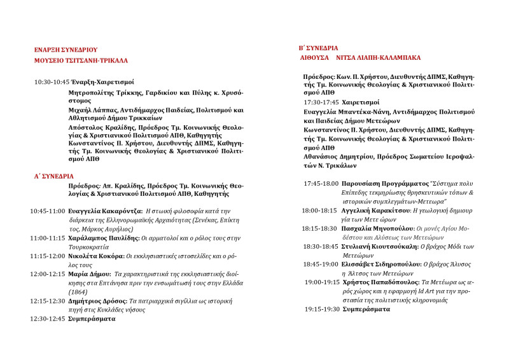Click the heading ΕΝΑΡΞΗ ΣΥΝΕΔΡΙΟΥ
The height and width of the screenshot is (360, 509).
[66, 49]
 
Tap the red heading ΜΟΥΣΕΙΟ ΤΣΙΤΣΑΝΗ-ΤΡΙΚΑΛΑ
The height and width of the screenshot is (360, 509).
[81, 60]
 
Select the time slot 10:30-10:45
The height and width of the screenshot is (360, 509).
[52, 82]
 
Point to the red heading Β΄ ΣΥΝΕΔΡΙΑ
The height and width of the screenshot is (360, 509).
[318, 48]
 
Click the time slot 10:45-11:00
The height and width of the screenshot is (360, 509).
[47, 211]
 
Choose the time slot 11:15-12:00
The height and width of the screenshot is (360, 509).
[47, 256]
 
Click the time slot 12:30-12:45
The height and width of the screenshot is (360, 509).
[47, 318]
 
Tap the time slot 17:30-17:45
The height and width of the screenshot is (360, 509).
[321, 102]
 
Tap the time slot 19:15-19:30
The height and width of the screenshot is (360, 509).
[321, 308]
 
